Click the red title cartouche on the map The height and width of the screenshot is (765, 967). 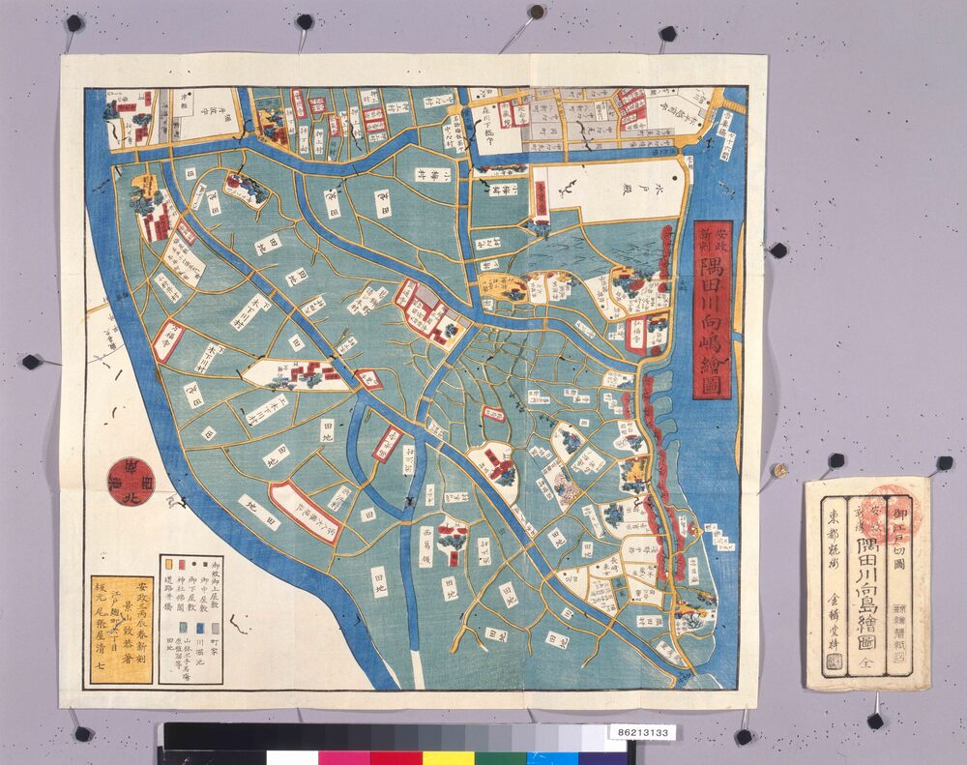714,309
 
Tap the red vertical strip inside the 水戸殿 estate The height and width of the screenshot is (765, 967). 543,198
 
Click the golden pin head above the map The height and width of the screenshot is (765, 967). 536,13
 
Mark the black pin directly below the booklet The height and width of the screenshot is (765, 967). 875,721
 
